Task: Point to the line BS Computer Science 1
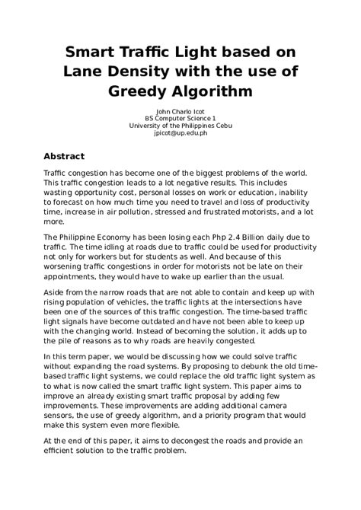click(x=180, y=119)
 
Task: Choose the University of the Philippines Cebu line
click(x=180, y=126)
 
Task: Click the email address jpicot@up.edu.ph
click(x=180, y=133)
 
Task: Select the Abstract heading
click(x=64, y=156)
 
